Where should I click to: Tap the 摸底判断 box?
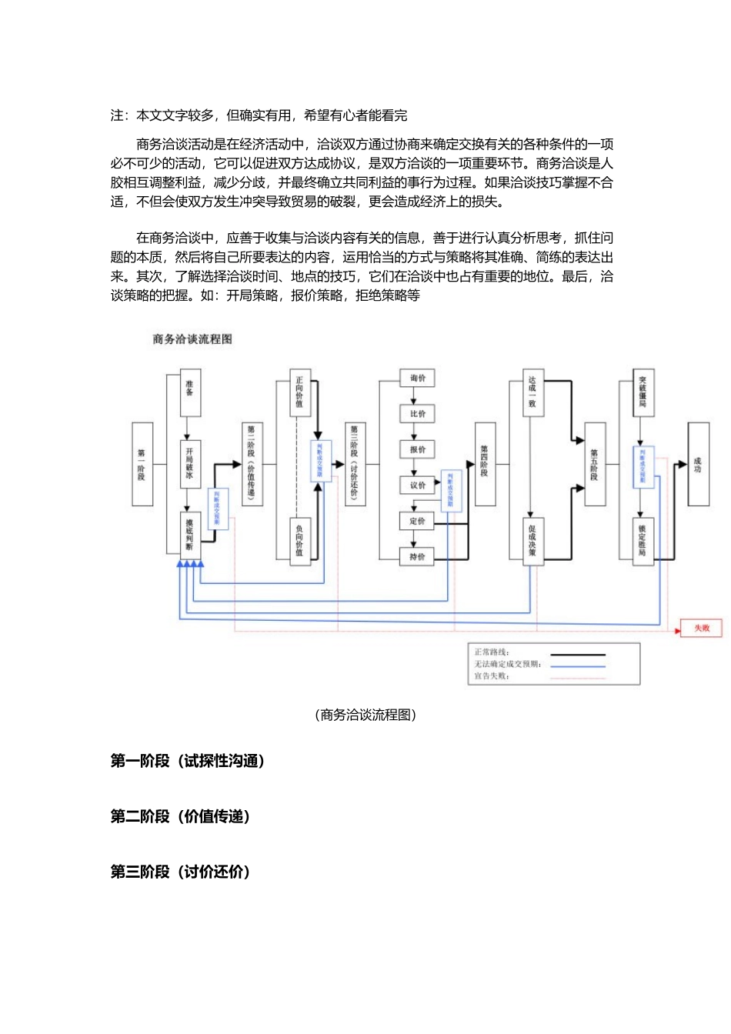point(189,535)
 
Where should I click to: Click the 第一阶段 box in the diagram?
point(142,464)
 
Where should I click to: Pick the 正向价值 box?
point(299,393)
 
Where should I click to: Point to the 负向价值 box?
point(299,541)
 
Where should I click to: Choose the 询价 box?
point(417,378)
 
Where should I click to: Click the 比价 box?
point(417,414)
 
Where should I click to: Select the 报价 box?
point(417,449)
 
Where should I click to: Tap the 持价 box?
point(417,556)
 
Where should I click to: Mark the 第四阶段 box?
point(485,464)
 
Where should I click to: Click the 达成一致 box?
point(532,393)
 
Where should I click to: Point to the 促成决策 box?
point(532,541)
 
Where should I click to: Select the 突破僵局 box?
point(643,393)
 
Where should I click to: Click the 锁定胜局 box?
point(643,541)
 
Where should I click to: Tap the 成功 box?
point(698,464)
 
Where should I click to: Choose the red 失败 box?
point(701,629)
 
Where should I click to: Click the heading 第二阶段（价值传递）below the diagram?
point(180,816)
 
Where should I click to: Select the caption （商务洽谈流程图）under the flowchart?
point(365,715)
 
